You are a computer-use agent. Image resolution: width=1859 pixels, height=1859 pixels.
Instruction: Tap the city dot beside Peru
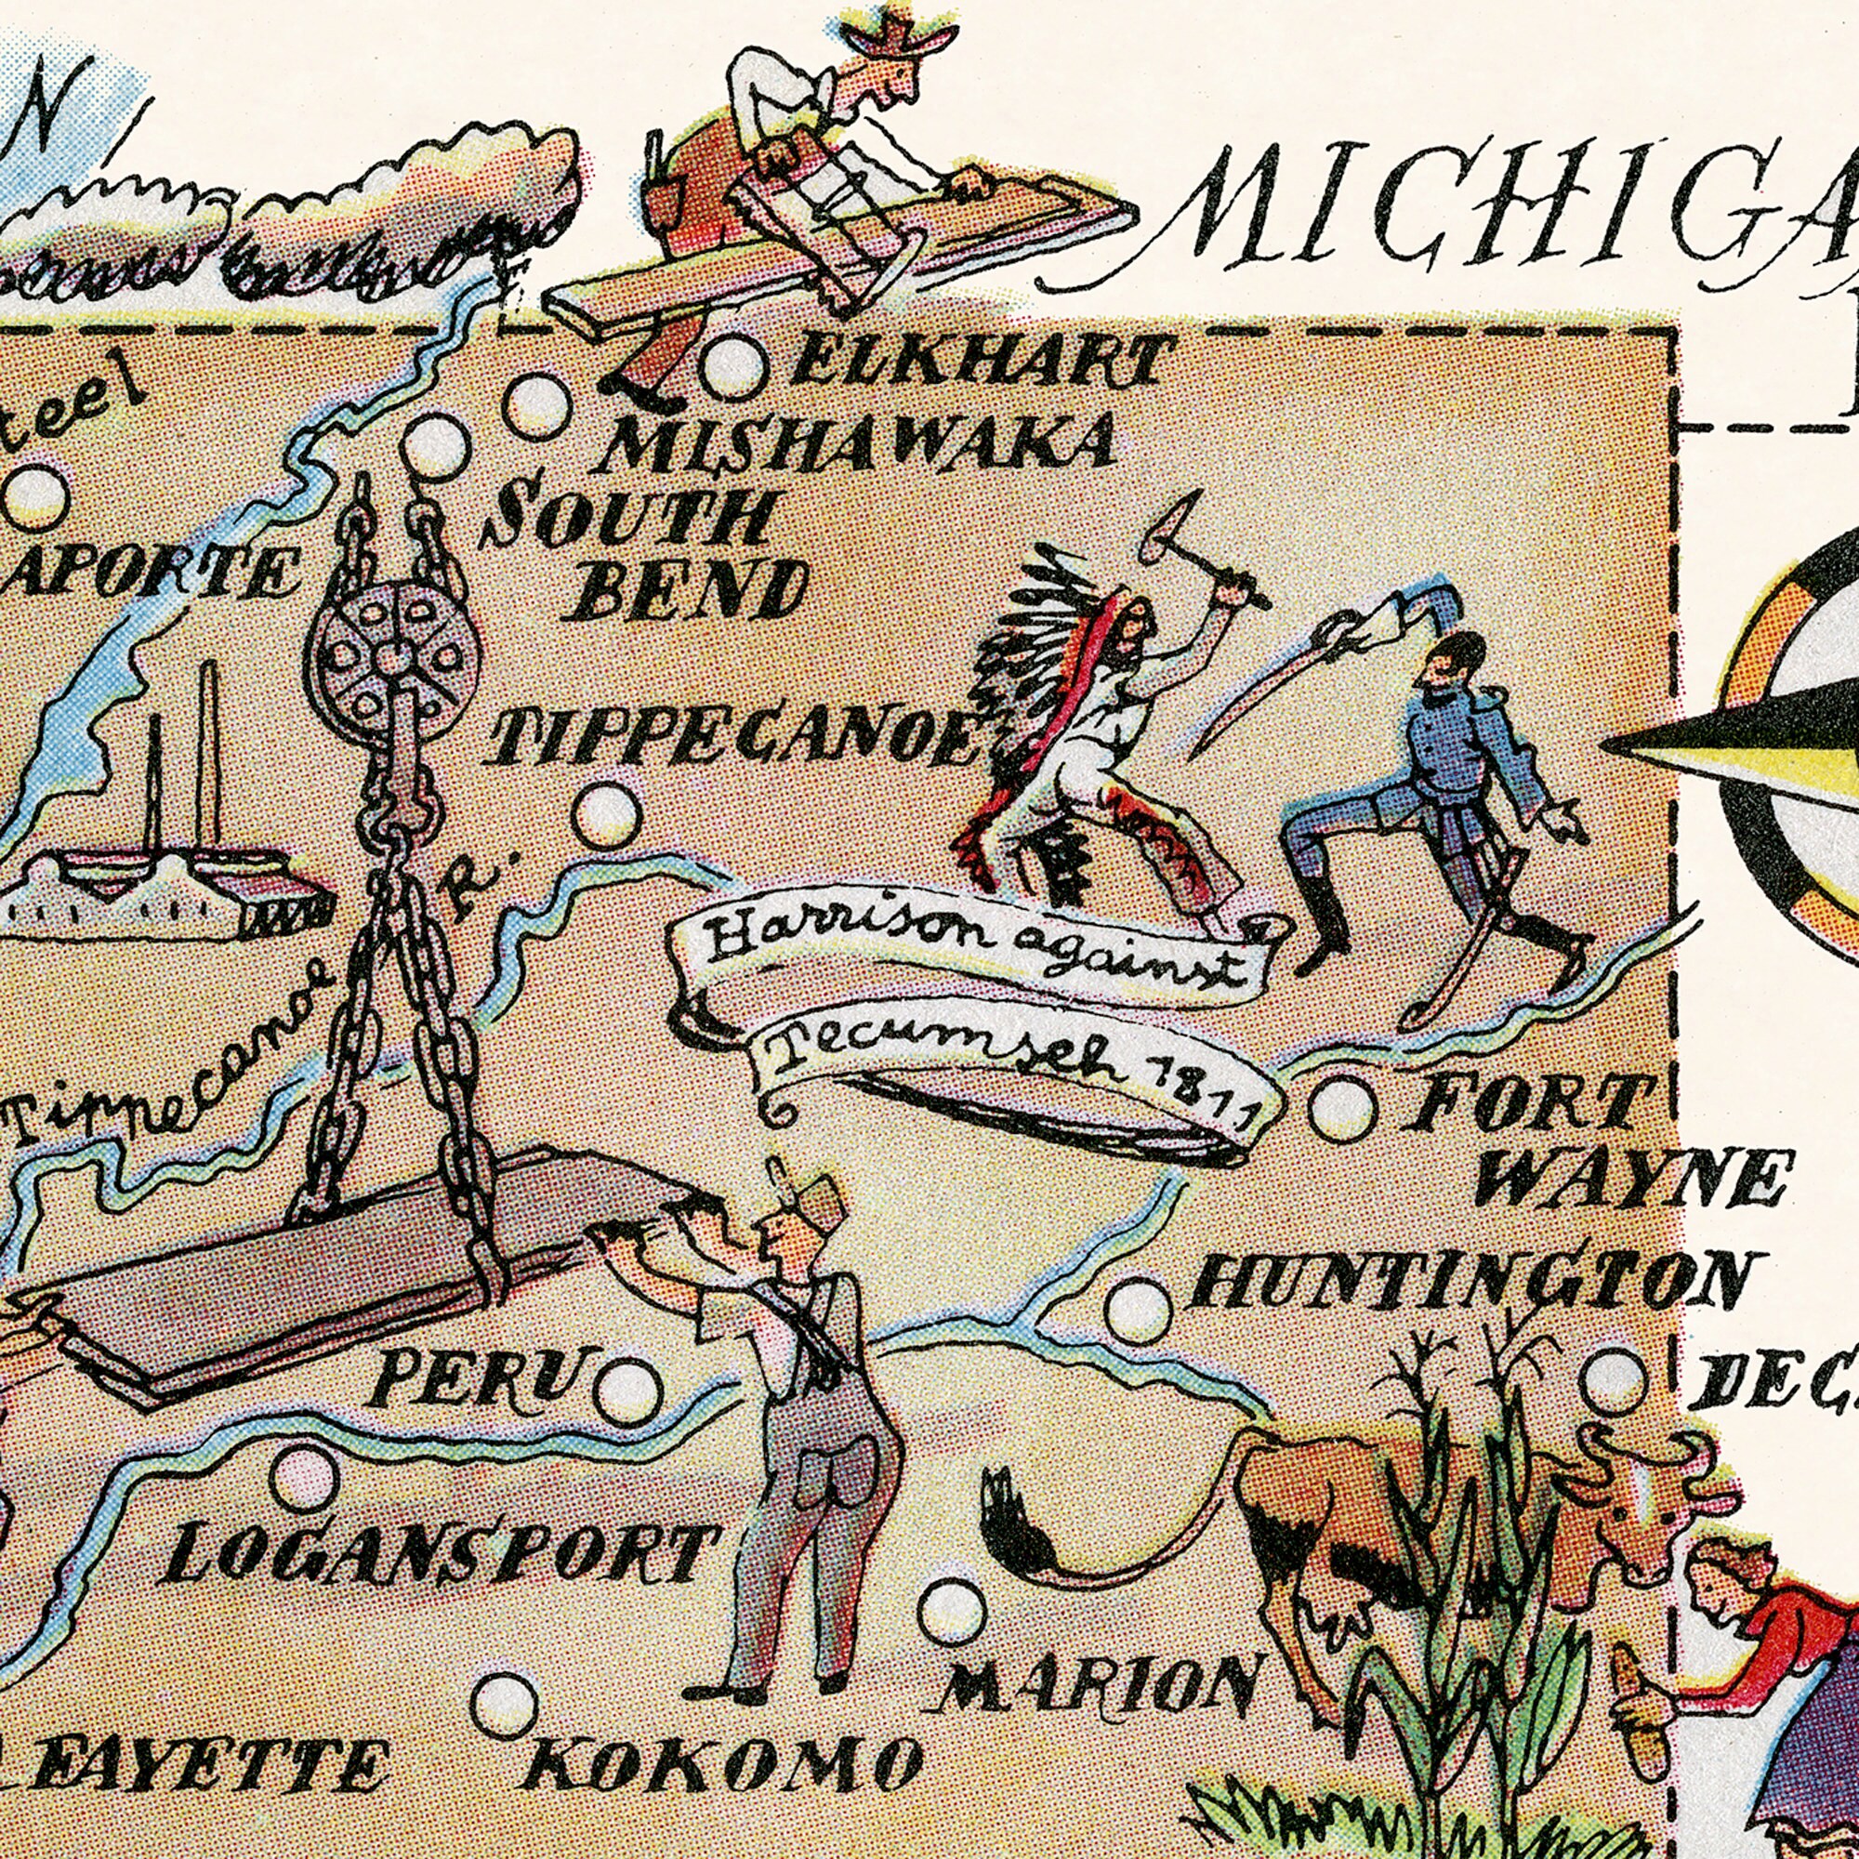click(627, 1392)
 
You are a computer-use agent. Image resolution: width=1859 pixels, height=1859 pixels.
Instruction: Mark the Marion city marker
click(952, 1611)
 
